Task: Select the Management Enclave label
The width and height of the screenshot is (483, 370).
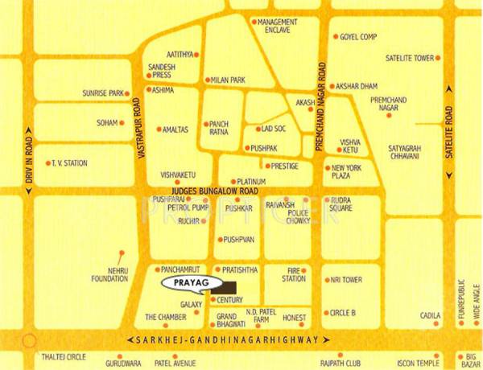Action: coord(279,26)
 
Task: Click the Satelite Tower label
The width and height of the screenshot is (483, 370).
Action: coord(408,58)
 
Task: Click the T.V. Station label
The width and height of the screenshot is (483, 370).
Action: coord(69,163)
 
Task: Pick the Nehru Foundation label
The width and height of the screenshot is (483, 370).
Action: coord(111,273)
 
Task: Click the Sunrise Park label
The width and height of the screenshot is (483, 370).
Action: coord(102,93)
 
